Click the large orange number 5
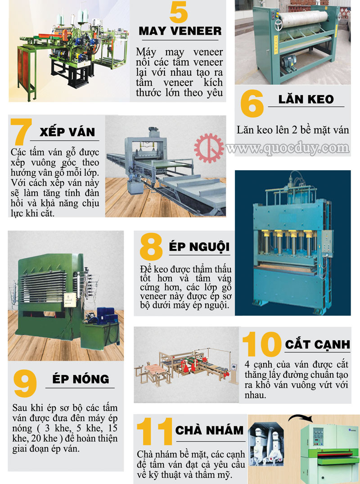pyautogui.click(x=179, y=12)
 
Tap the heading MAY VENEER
pyautogui.click(x=180, y=31)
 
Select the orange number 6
pyautogui.click(x=252, y=104)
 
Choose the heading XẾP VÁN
pyautogui.click(x=67, y=131)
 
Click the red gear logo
pyautogui.click(x=209, y=148)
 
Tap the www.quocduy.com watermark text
pyautogui.click(x=288, y=149)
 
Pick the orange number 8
pyautogui.click(x=151, y=247)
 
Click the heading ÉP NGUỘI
pyautogui.click(x=199, y=246)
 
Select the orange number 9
pyautogui.click(x=25, y=384)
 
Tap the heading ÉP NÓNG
pyautogui.click(x=81, y=379)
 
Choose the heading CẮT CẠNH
pyautogui.click(x=317, y=344)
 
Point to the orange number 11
pyautogui.click(x=154, y=431)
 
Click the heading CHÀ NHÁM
pyautogui.click(x=209, y=430)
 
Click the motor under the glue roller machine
pyautogui.click(x=289, y=59)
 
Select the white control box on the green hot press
pyautogui.click(x=70, y=299)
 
